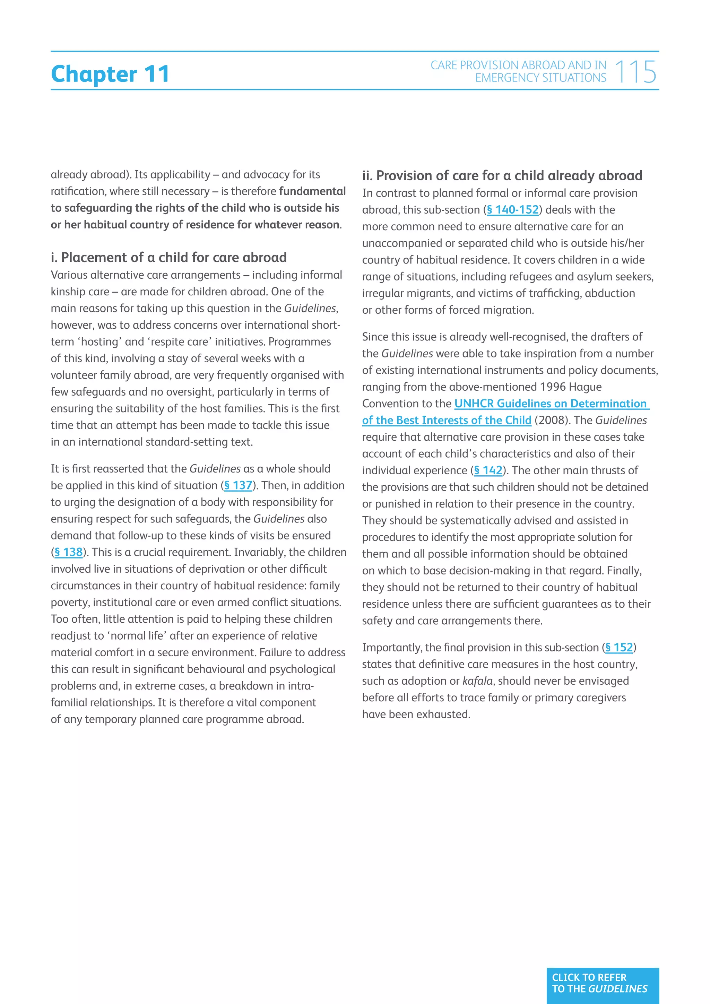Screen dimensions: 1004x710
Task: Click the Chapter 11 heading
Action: (x=110, y=74)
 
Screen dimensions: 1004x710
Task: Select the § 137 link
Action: (x=238, y=485)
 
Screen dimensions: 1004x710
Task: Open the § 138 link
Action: (x=69, y=552)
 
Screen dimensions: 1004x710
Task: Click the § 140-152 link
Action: (x=513, y=210)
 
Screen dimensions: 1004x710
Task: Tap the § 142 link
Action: (x=488, y=470)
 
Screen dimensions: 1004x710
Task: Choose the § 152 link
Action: (x=619, y=648)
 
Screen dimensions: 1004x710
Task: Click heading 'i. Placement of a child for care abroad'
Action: (x=169, y=257)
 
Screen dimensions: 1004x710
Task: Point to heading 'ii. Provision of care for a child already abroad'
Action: (x=502, y=176)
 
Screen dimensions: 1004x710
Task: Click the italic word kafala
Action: (x=478, y=681)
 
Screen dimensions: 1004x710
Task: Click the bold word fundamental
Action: (x=312, y=191)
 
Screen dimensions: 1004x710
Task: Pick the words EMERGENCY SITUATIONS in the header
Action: (x=541, y=78)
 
